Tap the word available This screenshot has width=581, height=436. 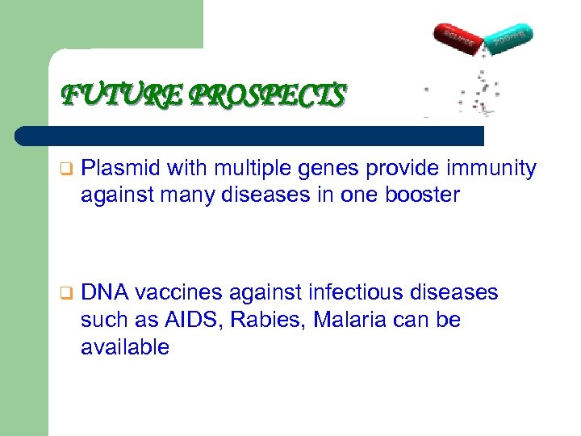pyautogui.click(x=125, y=347)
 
